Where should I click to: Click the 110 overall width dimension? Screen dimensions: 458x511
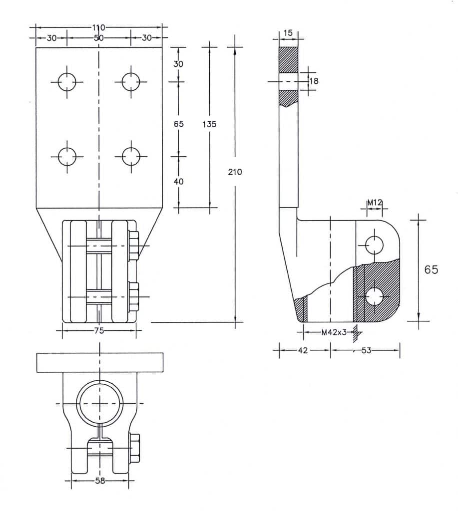point(98,28)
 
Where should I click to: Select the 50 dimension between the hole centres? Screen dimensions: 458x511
point(98,38)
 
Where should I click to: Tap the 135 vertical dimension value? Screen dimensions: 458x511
point(209,124)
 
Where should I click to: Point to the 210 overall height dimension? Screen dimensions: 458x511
point(235,172)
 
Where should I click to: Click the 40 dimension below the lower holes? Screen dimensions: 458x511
point(178,182)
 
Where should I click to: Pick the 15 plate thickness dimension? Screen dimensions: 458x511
point(288,33)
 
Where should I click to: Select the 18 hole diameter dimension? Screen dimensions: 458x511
point(314,81)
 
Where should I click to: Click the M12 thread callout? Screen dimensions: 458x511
point(375,203)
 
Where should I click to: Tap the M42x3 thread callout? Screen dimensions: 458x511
point(334,332)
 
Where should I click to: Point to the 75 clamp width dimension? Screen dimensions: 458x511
point(99,330)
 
